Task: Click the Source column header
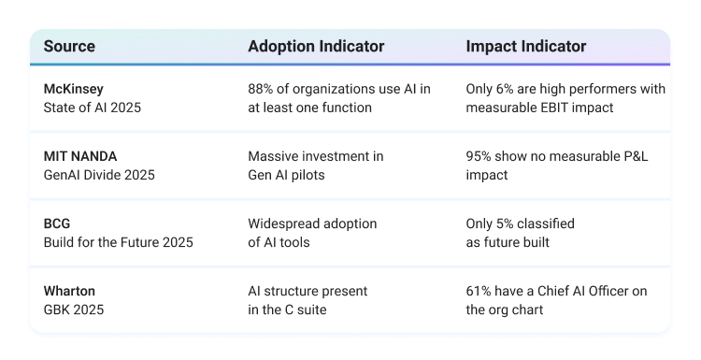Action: tap(69, 46)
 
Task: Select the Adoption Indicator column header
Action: tap(316, 46)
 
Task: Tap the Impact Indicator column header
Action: tap(525, 46)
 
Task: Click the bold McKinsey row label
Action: tap(73, 89)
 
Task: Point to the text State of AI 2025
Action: tap(93, 108)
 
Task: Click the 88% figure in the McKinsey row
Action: tap(260, 89)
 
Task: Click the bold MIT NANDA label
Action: tap(80, 156)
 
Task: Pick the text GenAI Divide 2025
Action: tap(99, 175)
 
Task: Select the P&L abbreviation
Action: tap(636, 156)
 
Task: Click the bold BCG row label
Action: tap(57, 223)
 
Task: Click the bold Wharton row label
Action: tap(69, 291)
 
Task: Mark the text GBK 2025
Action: tap(73, 310)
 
